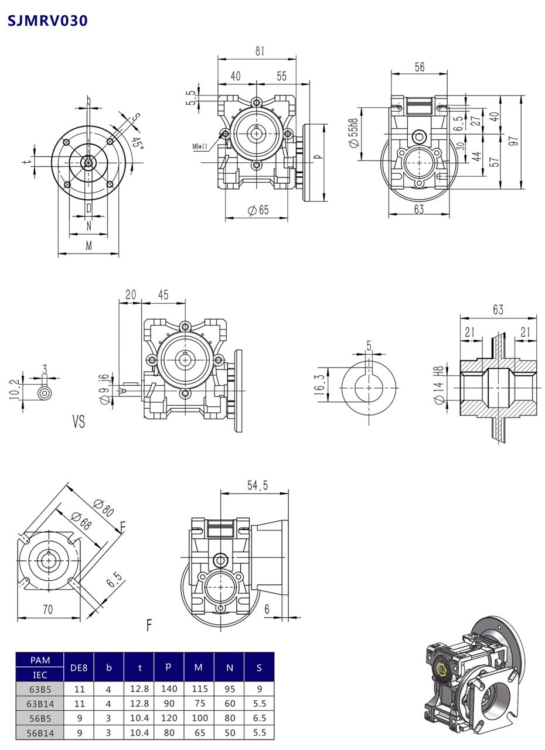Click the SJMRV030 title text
[47, 21]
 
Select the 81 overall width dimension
[259, 51]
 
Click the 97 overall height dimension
[514, 142]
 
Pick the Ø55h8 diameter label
[353, 133]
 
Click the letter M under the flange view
[88, 246]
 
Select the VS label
[79, 422]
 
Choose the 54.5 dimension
[257, 485]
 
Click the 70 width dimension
[47, 609]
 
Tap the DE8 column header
[79, 667]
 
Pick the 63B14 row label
[40, 704]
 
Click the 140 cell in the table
[169, 689]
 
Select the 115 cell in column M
[199, 689]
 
